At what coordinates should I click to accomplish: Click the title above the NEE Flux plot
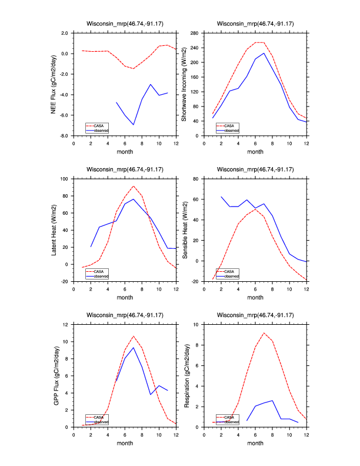[125, 24]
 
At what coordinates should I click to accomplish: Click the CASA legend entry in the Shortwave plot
[229, 125]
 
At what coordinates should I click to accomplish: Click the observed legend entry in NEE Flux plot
[101, 129]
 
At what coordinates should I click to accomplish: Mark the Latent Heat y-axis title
[53, 230]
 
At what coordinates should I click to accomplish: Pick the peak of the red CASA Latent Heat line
[134, 186]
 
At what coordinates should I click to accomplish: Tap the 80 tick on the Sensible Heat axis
[194, 178]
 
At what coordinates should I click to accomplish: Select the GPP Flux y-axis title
[53, 375]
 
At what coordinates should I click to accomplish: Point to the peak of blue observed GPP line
[134, 348]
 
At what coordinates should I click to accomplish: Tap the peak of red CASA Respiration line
[264, 333]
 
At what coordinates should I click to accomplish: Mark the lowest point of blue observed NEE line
[134, 125]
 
